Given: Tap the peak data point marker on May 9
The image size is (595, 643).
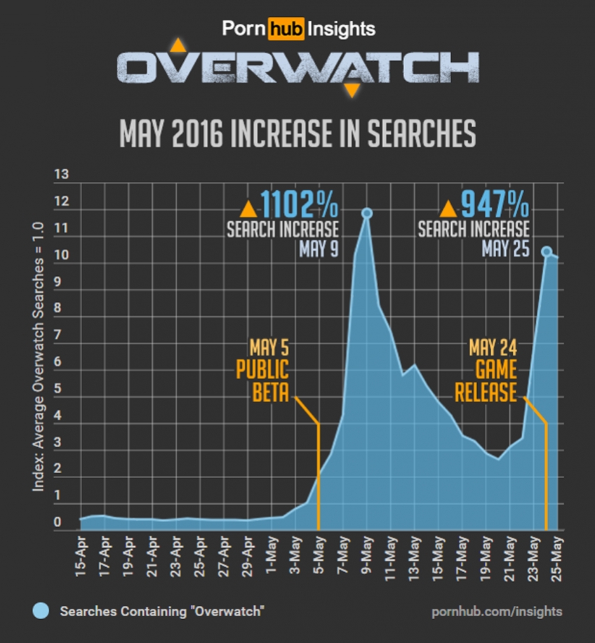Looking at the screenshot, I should pyautogui.click(x=366, y=213).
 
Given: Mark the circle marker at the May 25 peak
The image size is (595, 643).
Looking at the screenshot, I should pyautogui.click(x=547, y=251).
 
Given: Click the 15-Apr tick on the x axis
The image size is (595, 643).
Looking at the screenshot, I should pyautogui.click(x=81, y=557).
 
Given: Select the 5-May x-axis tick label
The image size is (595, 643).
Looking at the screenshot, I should pyautogui.click(x=319, y=557).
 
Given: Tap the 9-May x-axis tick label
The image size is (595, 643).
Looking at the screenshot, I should pyautogui.click(x=367, y=557).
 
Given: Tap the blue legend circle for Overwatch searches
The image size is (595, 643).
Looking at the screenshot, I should pyautogui.click(x=41, y=611).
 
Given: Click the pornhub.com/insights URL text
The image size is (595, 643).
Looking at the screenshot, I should pyautogui.click(x=496, y=611).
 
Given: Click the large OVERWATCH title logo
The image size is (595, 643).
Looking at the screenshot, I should pyautogui.click(x=297, y=68).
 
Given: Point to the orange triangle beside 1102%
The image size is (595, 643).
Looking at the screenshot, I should pyautogui.click(x=248, y=208).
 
